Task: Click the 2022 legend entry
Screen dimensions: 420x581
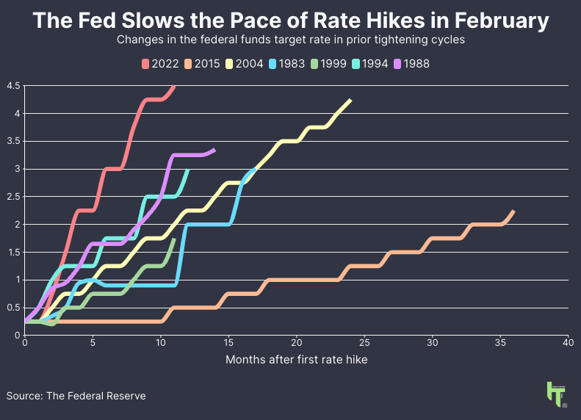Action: tap(159, 64)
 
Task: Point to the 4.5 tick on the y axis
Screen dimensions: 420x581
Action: tap(13, 86)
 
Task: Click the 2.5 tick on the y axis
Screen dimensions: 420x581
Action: tap(13, 197)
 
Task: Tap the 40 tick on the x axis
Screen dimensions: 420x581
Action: tap(568, 343)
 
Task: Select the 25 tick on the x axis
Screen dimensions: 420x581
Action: tap(364, 343)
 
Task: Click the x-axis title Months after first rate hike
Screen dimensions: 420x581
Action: tap(296, 360)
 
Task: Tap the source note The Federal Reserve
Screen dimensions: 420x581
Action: tap(95, 396)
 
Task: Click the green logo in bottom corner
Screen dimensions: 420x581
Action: tap(556, 394)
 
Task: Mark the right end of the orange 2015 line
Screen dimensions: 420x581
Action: tap(513, 211)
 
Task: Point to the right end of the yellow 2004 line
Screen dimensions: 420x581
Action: tap(350, 101)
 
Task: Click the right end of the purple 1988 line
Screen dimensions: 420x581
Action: tap(214, 150)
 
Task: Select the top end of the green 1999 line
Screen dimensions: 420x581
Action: tap(174, 239)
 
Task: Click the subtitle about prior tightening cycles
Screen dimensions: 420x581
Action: tap(290, 40)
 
